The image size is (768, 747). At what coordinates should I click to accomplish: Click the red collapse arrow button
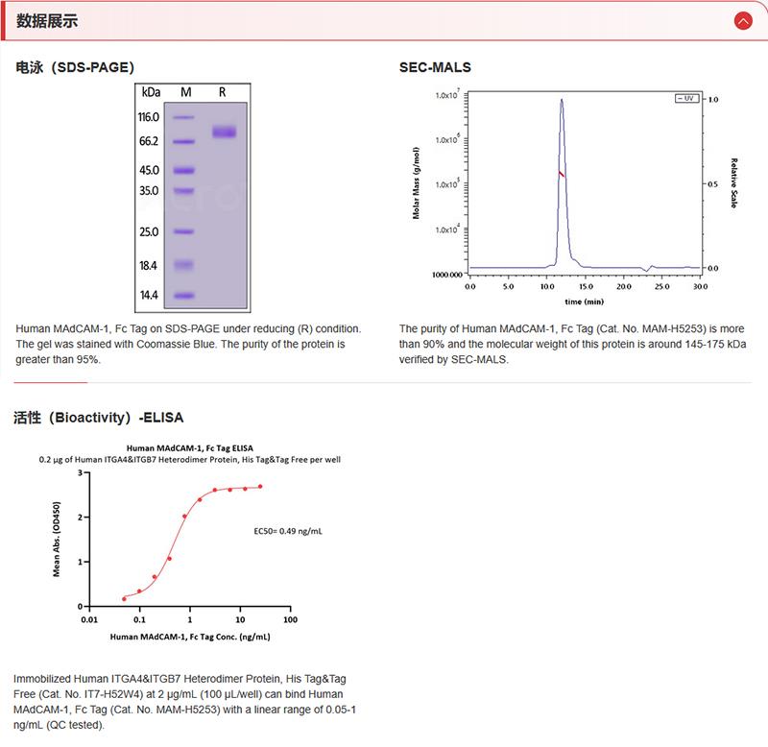coord(741,20)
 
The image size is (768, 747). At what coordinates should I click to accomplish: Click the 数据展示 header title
coord(48,21)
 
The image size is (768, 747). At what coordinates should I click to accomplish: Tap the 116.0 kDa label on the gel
coord(148,117)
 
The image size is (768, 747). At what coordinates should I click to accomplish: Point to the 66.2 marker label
coord(148,141)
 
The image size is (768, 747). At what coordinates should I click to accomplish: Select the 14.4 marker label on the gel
coord(149,296)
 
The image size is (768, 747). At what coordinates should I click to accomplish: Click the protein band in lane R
coord(224,132)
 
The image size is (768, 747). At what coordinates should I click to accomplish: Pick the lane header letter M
coord(185,92)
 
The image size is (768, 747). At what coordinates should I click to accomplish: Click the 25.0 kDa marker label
coord(149,232)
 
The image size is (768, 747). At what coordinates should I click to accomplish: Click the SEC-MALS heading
coord(435,68)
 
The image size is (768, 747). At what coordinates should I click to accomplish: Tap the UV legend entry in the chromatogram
coord(685,99)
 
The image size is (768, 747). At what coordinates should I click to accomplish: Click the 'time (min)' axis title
coord(585,301)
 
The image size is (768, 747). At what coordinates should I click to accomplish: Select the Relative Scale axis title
coord(733,183)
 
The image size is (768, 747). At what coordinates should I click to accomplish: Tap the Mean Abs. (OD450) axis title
coord(57,539)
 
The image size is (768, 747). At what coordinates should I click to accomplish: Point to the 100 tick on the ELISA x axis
coord(290,619)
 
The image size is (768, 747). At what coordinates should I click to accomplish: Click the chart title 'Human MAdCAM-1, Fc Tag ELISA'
coord(190,447)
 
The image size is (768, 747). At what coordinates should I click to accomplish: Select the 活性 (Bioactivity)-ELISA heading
coord(99,418)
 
